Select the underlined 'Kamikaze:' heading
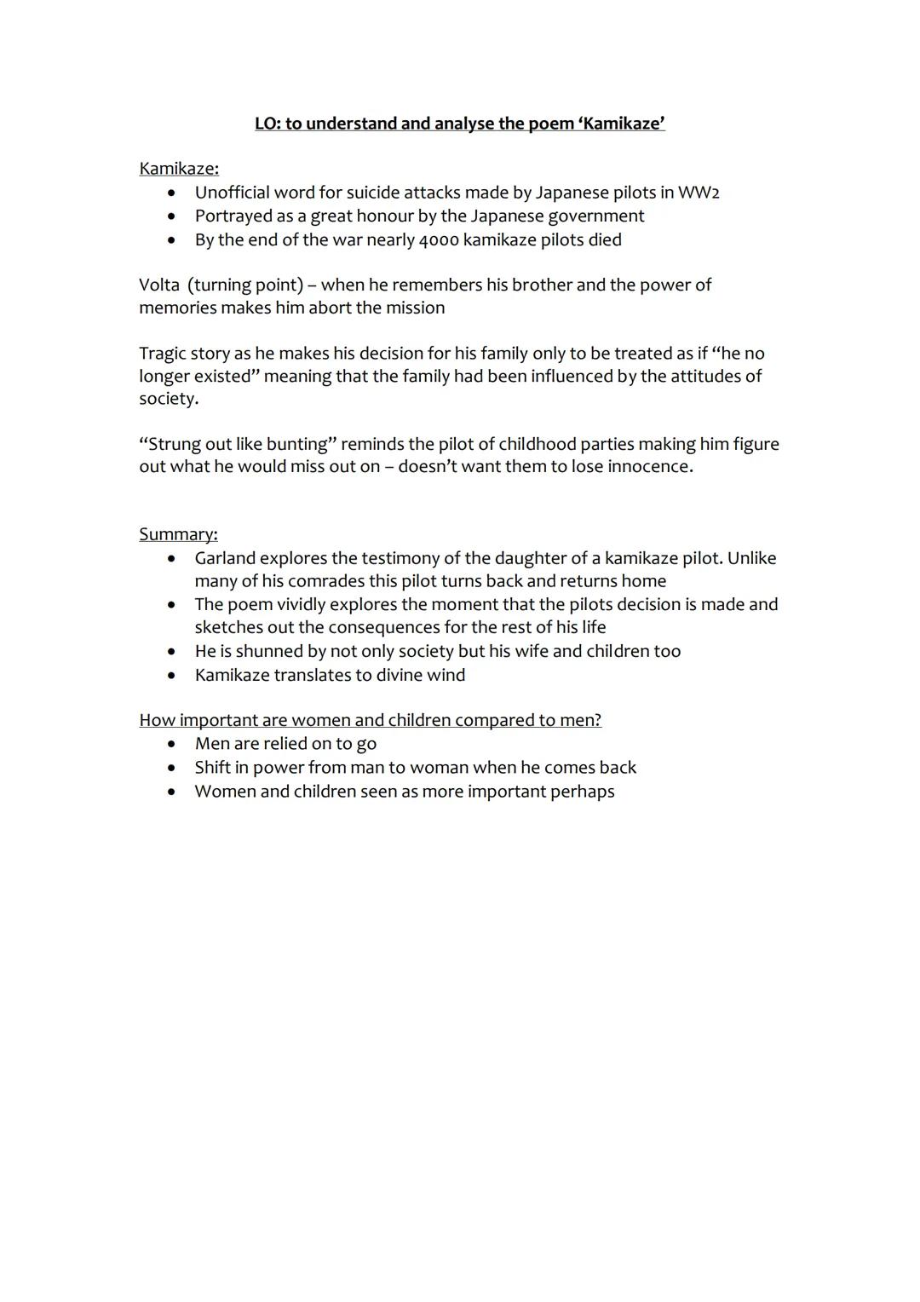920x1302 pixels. tap(179, 169)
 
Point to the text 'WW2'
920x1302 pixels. tap(699, 193)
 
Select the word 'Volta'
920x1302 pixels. tap(159, 285)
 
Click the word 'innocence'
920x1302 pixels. tap(648, 467)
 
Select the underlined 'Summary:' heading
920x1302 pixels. tap(178, 534)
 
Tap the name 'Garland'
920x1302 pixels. tap(225, 558)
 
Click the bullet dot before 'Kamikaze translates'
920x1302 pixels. tap(172, 676)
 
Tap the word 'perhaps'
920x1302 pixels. tap(583, 792)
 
